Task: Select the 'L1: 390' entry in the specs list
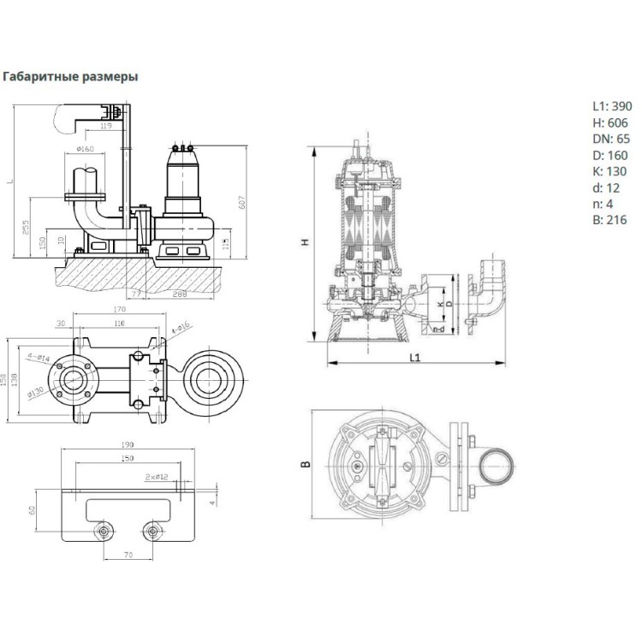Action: (x=611, y=106)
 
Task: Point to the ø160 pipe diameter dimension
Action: (x=85, y=151)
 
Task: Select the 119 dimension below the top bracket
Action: (x=107, y=128)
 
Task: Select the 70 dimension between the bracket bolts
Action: (x=128, y=556)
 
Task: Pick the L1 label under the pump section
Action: (x=413, y=357)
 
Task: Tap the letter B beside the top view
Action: (x=305, y=466)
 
